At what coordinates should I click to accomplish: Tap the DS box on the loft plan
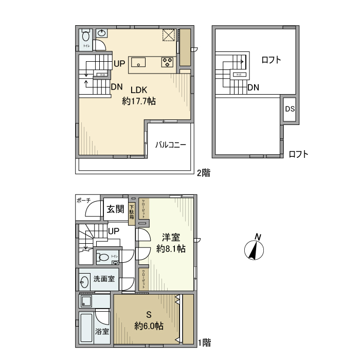pos(290,109)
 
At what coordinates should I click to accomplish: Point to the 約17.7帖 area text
pos(139,101)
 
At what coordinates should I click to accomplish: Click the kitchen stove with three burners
pos(168,62)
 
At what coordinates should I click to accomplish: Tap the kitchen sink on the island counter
pos(138,63)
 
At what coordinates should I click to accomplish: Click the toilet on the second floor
pos(85,37)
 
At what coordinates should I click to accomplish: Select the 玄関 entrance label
pos(115,209)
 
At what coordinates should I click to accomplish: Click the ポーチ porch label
pos(83,200)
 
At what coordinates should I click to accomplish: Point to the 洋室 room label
pos(171,237)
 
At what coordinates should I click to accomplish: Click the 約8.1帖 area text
pos(171,249)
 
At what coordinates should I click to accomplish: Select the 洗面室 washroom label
pos(104,280)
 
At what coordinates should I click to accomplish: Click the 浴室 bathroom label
pos(102,332)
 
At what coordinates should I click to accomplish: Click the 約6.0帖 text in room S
pos(149,326)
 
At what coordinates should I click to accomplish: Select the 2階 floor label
pos(203,173)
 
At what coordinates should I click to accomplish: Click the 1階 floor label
pos(204,341)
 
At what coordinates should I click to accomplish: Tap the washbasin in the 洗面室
pos(84,281)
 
